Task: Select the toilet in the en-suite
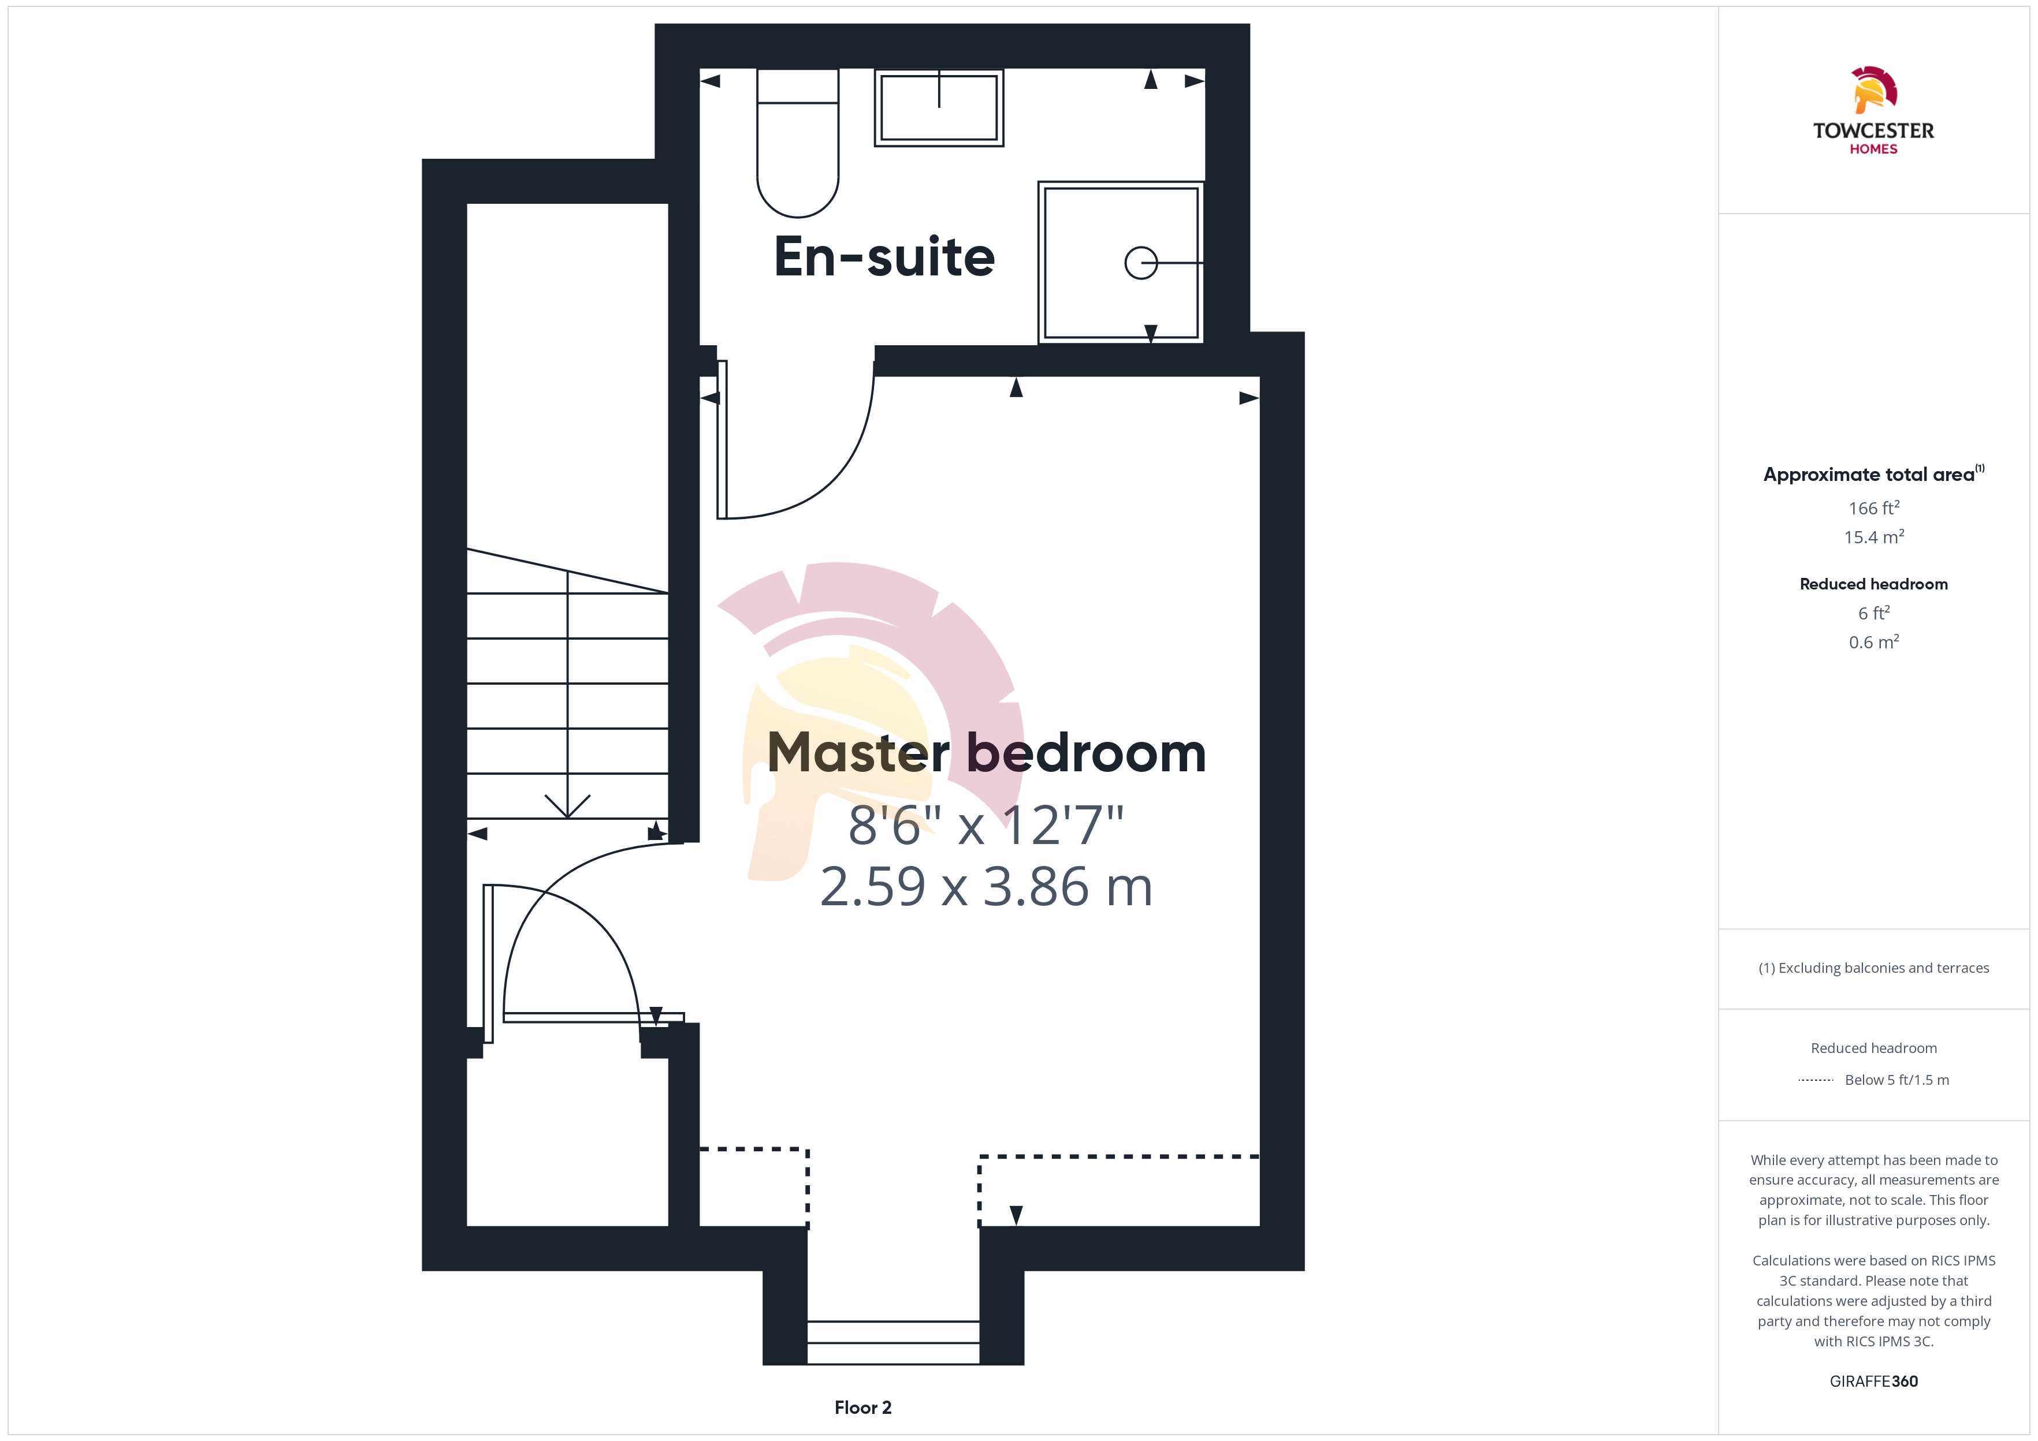point(798,143)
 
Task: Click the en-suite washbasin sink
point(939,107)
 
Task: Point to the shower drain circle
point(1141,263)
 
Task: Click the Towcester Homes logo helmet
point(1874,89)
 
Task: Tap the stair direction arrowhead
point(567,806)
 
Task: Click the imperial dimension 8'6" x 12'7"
point(986,825)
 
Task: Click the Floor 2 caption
point(863,1408)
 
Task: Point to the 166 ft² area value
point(1874,507)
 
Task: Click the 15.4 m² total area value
point(1874,537)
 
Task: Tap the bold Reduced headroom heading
point(1874,584)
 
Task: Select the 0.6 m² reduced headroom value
point(1874,641)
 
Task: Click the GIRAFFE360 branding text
point(1874,1382)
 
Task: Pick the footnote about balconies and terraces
point(1874,968)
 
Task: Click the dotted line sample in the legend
point(1815,1080)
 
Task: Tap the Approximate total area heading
point(1874,474)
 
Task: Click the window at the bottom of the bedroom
point(893,1342)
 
